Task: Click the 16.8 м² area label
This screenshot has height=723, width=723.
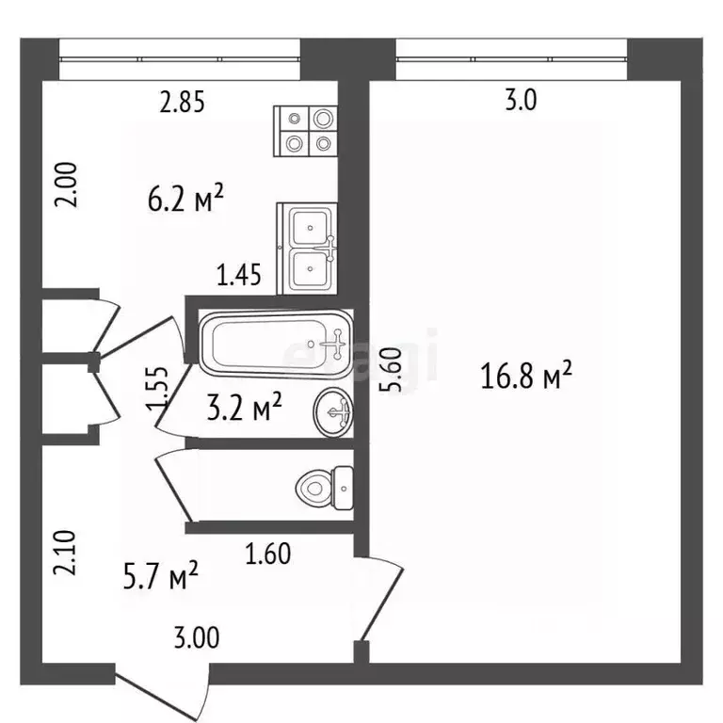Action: pyautogui.click(x=525, y=375)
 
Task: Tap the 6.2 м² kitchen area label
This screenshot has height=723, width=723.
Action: pyautogui.click(x=185, y=199)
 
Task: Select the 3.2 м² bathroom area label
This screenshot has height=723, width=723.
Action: pyautogui.click(x=244, y=407)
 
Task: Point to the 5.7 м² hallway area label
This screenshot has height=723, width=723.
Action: pyautogui.click(x=160, y=575)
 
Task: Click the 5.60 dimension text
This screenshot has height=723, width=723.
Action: pyautogui.click(x=391, y=370)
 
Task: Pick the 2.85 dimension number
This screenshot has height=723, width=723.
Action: pyautogui.click(x=182, y=102)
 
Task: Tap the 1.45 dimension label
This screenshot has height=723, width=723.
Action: pyautogui.click(x=239, y=274)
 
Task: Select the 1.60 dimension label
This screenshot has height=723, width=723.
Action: pyautogui.click(x=268, y=554)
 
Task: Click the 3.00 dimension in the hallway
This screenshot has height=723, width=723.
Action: pyautogui.click(x=197, y=638)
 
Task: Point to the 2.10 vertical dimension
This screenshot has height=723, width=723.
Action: pyautogui.click(x=64, y=553)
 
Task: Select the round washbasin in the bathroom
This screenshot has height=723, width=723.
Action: pyautogui.click(x=333, y=412)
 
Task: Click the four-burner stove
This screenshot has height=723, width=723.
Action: pyautogui.click(x=306, y=132)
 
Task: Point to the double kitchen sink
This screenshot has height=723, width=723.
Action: pyautogui.click(x=308, y=249)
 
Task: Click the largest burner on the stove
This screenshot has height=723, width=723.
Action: pyautogui.click(x=323, y=119)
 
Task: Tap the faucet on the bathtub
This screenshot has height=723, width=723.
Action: pyautogui.click(x=338, y=345)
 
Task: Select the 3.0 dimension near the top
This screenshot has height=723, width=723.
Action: pyautogui.click(x=521, y=100)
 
